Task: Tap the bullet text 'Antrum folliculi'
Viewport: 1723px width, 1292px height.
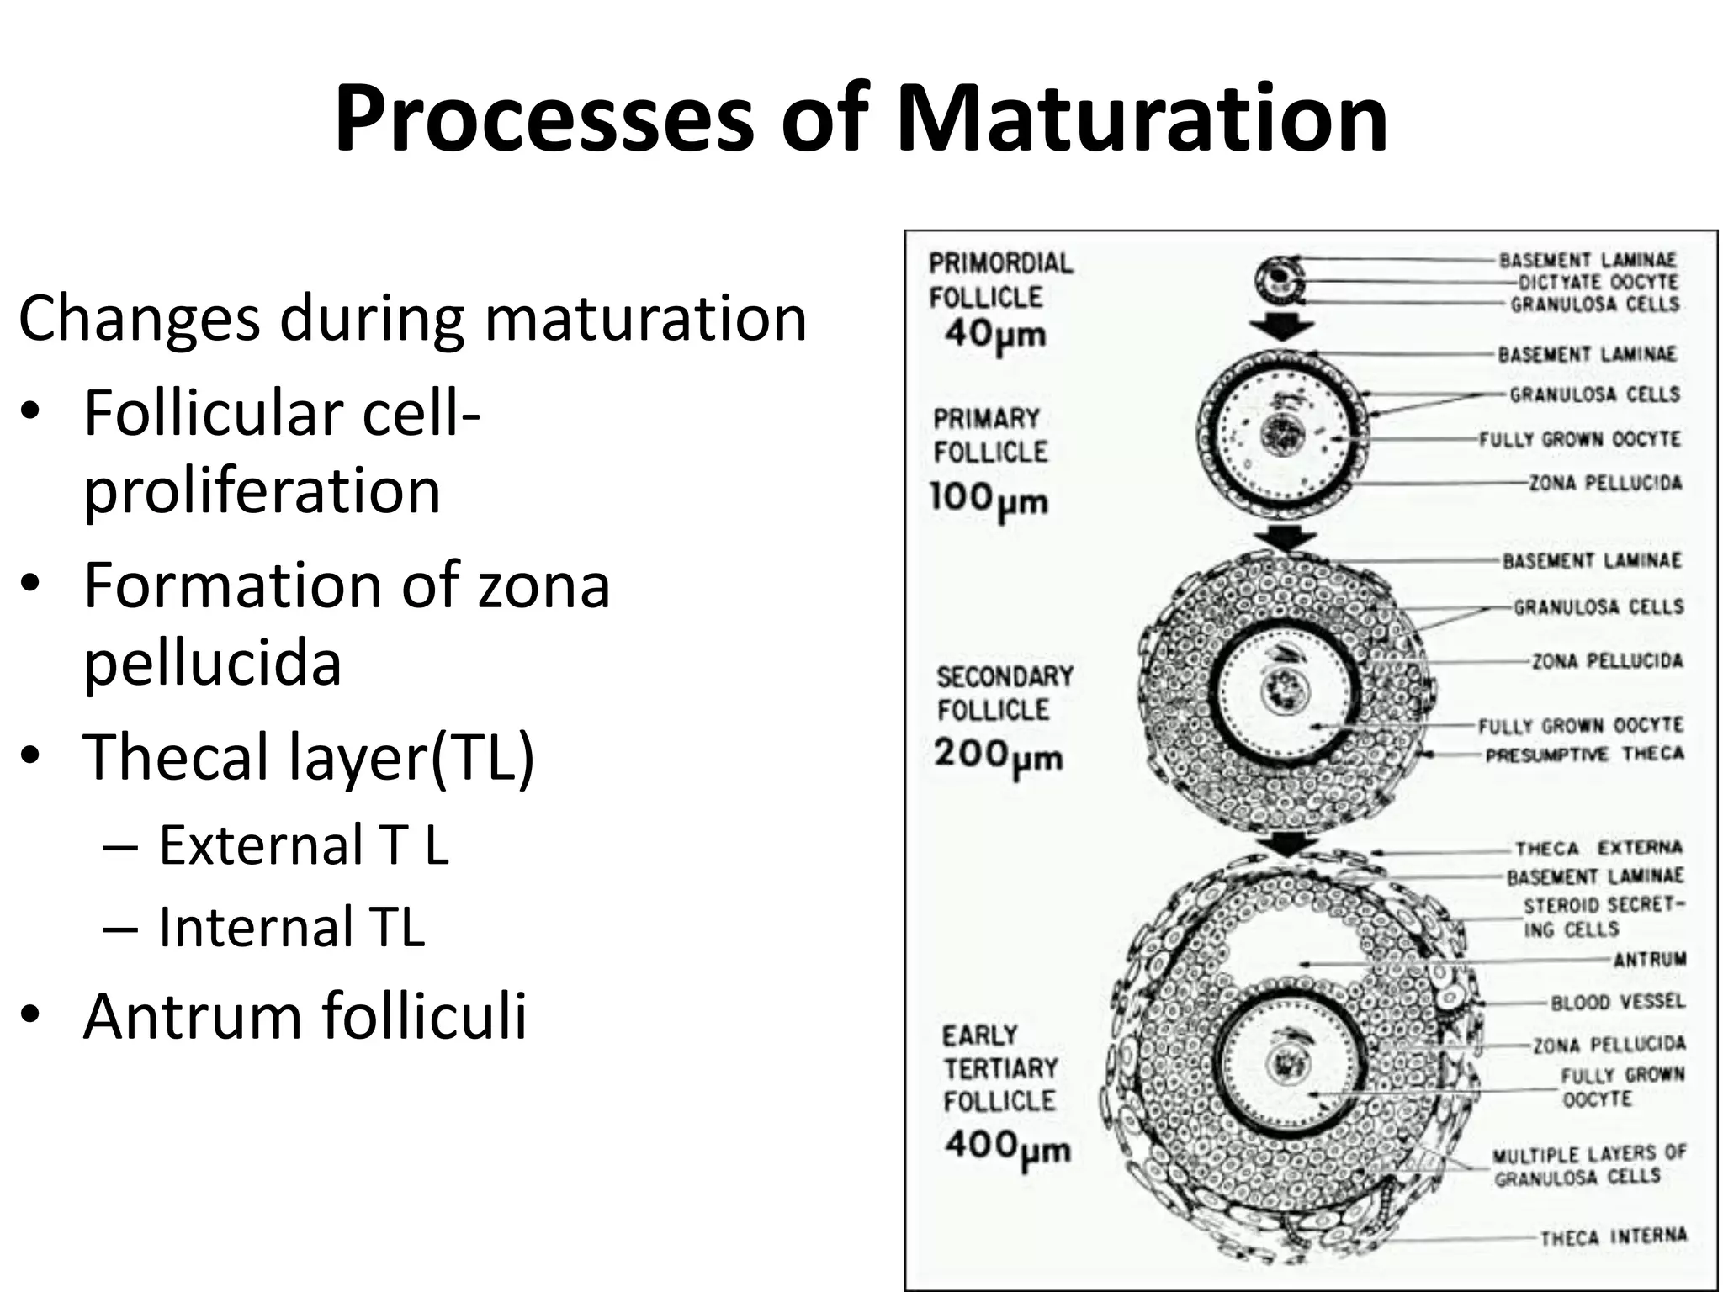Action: pos(305,1016)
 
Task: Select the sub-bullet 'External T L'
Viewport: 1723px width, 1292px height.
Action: pos(304,845)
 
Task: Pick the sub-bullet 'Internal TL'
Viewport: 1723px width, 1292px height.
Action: pos(292,927)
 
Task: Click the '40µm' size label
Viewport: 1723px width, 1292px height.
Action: pos(994,335)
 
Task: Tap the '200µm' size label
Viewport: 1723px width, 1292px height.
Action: pos(998,755)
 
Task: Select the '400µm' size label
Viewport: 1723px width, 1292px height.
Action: pos(1007,1146)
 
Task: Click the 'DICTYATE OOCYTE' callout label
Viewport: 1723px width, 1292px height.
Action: pos(1598,282)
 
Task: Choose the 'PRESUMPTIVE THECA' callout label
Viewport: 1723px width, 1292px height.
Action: pos(1584,755)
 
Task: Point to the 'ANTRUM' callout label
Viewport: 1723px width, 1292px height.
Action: pos(1649,959)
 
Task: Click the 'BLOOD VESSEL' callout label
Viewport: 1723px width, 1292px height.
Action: pos(1618,1002)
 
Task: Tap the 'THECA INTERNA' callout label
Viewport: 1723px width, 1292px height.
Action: pos(1614,1236)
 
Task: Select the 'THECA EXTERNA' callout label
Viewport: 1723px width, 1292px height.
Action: pos(1598,848)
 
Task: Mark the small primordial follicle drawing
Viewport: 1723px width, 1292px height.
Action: pos(1279,281)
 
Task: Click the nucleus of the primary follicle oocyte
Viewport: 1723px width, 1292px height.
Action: pos(1282,435)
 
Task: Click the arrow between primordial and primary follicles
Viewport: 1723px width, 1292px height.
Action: pos(1280,326)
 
